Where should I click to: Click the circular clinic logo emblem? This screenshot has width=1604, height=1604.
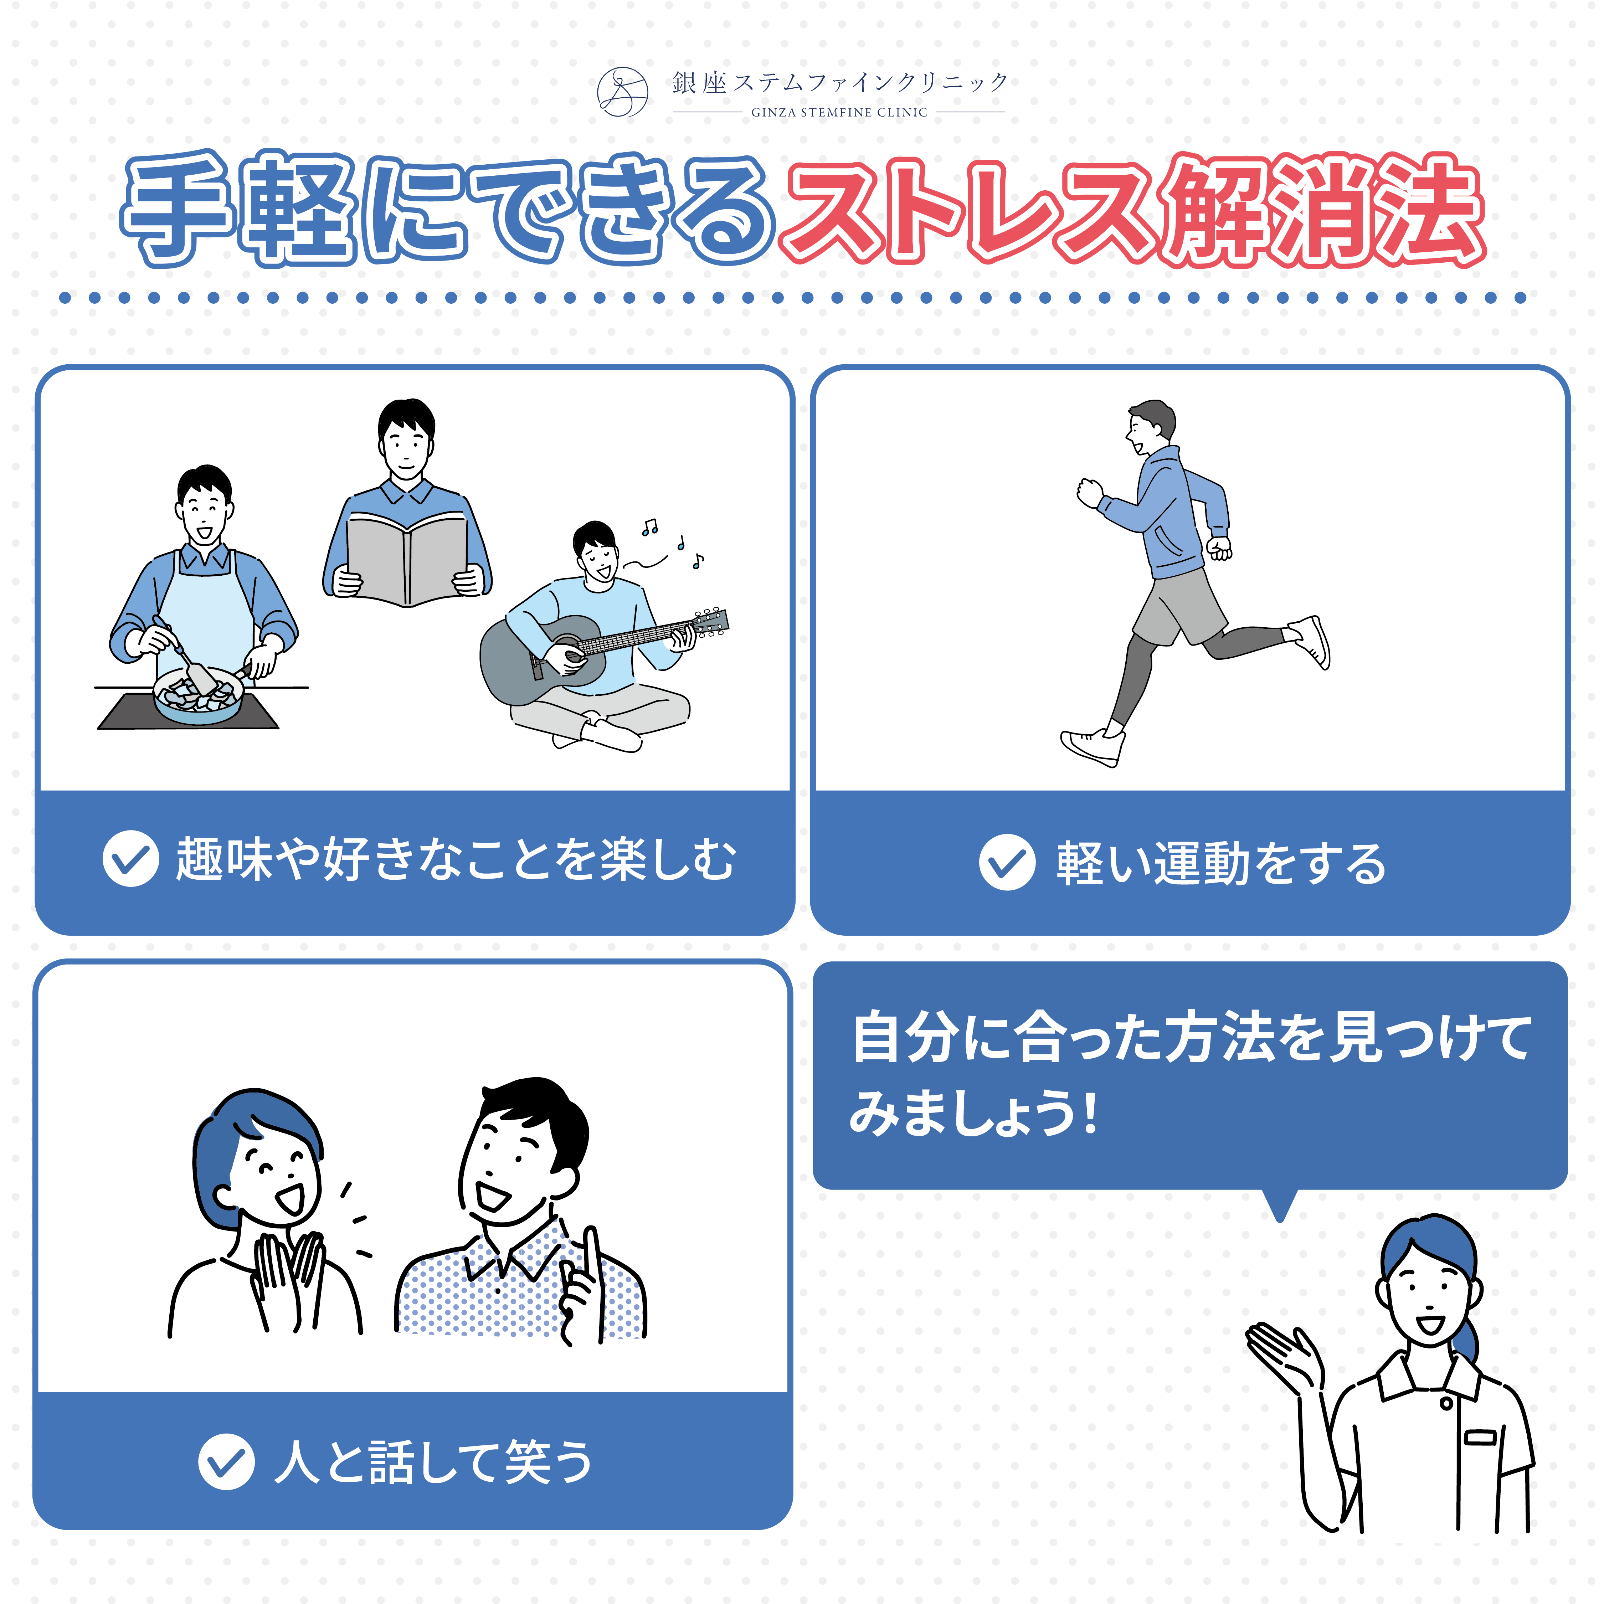coord(623,91)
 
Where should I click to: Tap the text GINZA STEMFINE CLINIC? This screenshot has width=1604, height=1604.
coord(838,112)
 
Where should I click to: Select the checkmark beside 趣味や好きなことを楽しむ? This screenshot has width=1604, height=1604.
coord(130,858)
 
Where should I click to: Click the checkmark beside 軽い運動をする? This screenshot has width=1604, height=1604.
coord(1007,862)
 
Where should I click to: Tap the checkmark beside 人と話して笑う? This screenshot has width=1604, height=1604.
coord(226,1461)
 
